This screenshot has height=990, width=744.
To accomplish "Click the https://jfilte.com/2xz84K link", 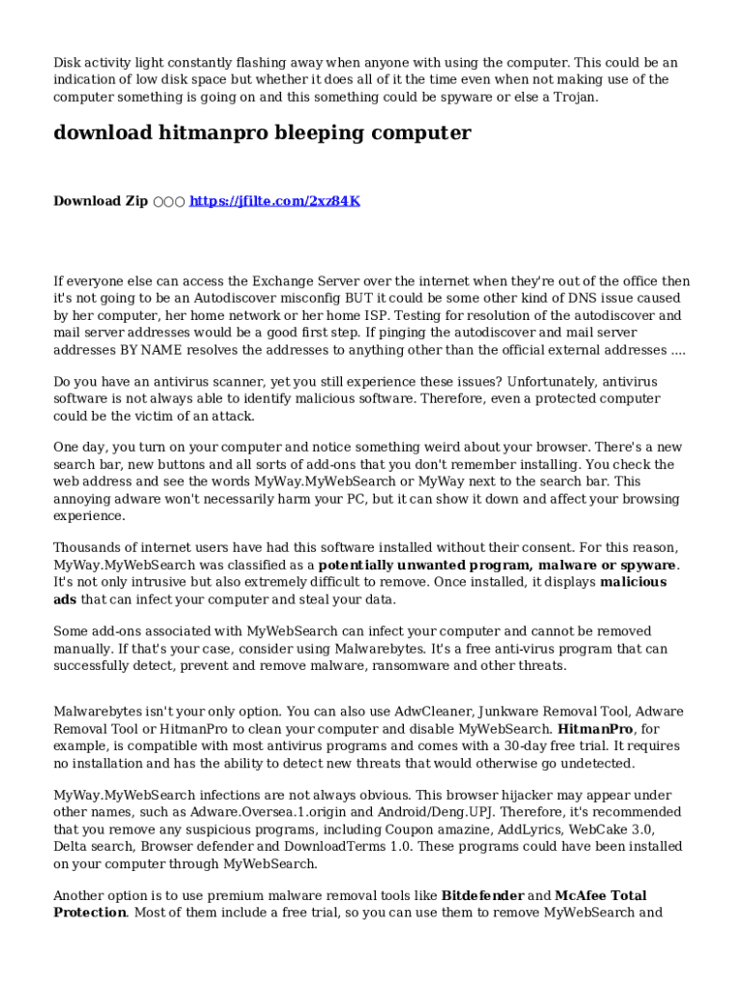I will pyautogui.click(x=274, y=201).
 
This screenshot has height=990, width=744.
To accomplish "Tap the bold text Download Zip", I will pyautogui.click(x=100, y=201).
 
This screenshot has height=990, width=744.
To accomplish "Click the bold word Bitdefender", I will pyautogui.click(x=482, y=895).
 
